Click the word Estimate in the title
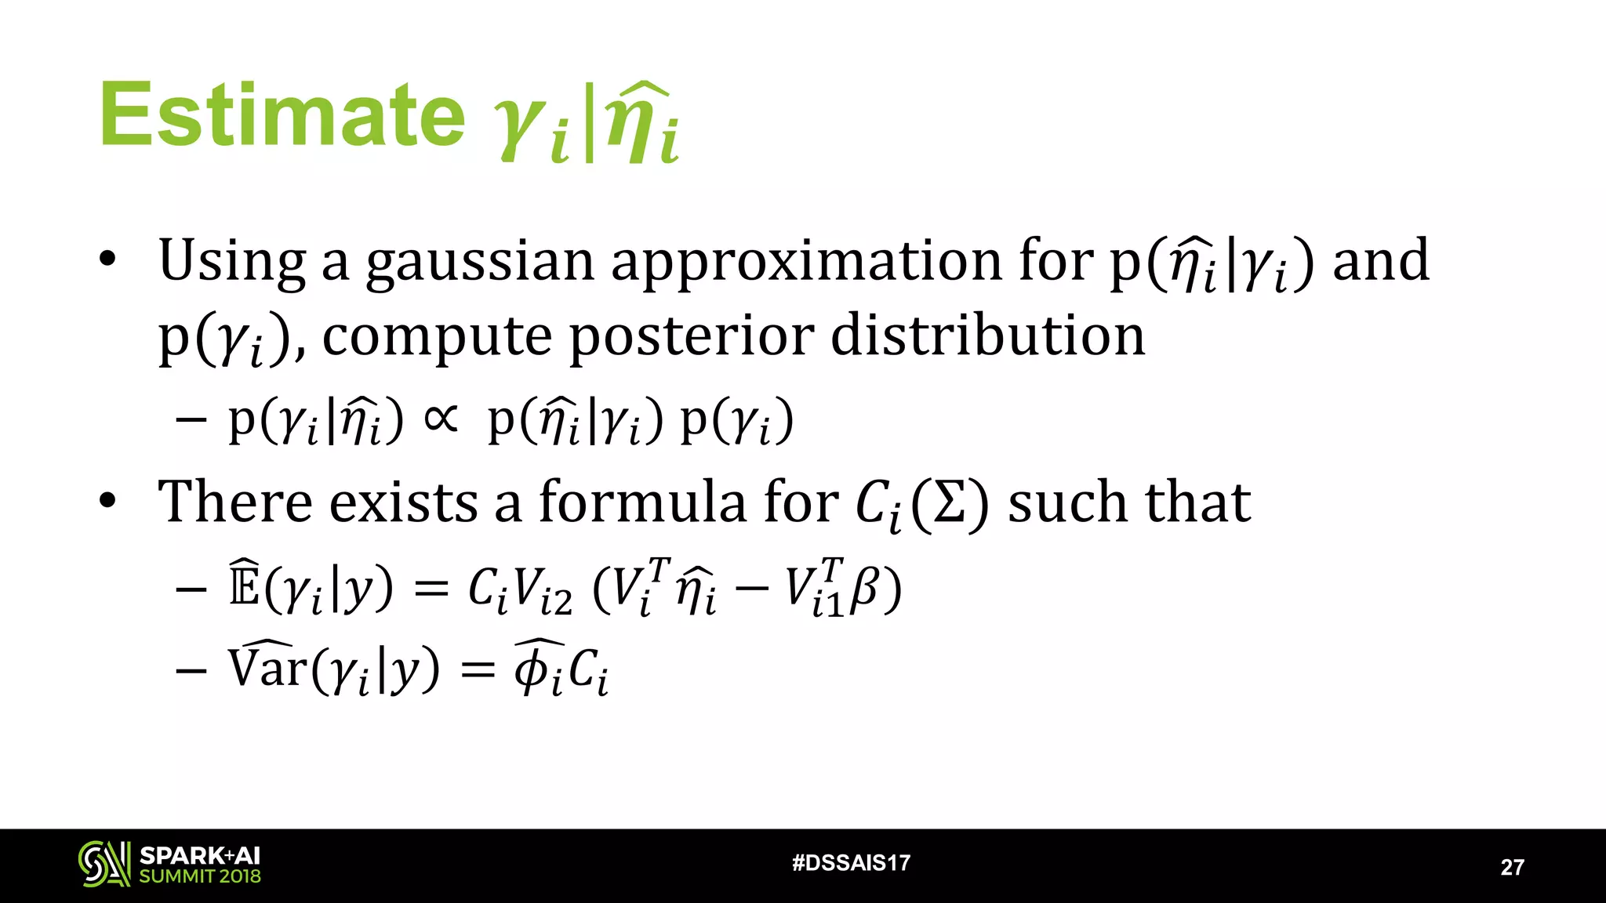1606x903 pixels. [x=282, y=116]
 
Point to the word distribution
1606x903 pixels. [x=988, y=335]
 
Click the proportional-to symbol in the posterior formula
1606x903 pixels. [x=441, y=419]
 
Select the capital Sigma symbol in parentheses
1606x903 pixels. [x=950, y=504]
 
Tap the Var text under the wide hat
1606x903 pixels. [x=267, y=668]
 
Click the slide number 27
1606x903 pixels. [x=1512, y=867]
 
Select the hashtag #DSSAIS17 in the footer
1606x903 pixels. [x=851, y=863]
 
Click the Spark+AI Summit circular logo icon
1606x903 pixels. [x=104, y=864]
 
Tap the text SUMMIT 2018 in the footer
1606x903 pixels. [x=200, y=876]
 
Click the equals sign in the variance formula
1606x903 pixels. [x=478, y=670]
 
